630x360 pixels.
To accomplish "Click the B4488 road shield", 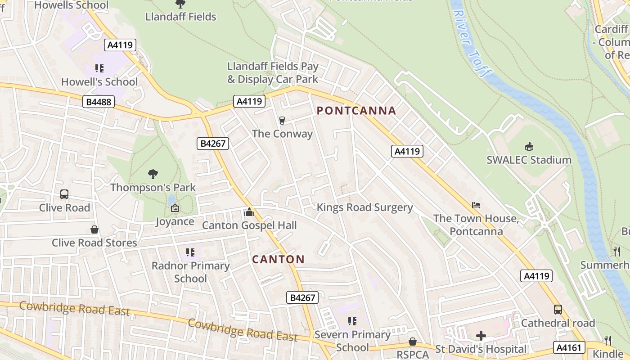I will coord(99,102).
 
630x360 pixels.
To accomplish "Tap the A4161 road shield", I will coord(570,347).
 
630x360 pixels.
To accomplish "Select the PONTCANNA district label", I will coord(356,111).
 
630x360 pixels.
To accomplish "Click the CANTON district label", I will coord(278,259).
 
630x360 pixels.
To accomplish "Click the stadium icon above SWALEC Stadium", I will coord(529,147).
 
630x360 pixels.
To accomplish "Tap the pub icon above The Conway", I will coord(282,121).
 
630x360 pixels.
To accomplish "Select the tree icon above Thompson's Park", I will coord(153,174).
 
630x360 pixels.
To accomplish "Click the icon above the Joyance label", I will coord(175,208).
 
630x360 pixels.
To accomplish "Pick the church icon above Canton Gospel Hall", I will coord(249,212).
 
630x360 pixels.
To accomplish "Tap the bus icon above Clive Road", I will coord(64,194).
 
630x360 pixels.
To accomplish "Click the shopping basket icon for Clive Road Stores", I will coord(94,229).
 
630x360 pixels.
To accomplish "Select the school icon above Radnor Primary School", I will coord(190,252).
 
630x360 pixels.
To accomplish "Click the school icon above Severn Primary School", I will coord(352,321).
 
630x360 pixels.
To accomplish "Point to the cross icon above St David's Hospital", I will coord(481,336).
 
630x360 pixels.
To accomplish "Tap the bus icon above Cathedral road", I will coord(558,310).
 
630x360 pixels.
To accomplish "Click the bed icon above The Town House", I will coord(476,205).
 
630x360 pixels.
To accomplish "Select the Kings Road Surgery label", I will coord(364,207).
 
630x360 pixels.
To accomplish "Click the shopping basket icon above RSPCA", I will coord(412,342).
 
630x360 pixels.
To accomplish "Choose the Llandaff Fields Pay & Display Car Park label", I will coord(273,73).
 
